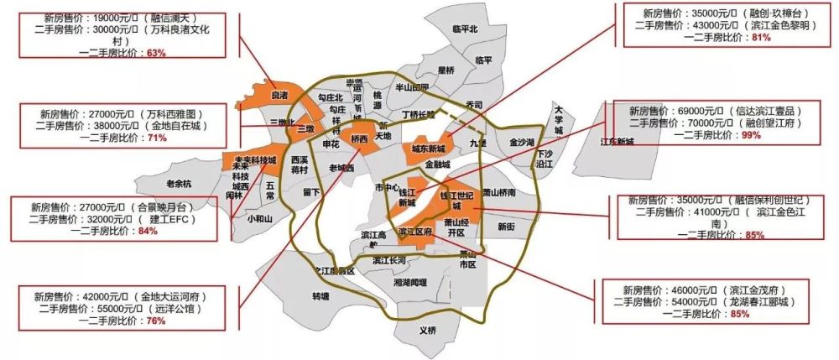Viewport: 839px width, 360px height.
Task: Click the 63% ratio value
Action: [x=156, y=52]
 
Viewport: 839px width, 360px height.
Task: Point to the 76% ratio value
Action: [x=155, y=321]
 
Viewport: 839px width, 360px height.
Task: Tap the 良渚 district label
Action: [x=279, y=96]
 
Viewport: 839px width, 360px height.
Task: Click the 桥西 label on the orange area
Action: [x=360, y=138]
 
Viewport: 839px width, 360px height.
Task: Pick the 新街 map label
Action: [x=506, y=227]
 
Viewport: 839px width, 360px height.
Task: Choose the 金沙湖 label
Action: [x=522, y=143]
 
